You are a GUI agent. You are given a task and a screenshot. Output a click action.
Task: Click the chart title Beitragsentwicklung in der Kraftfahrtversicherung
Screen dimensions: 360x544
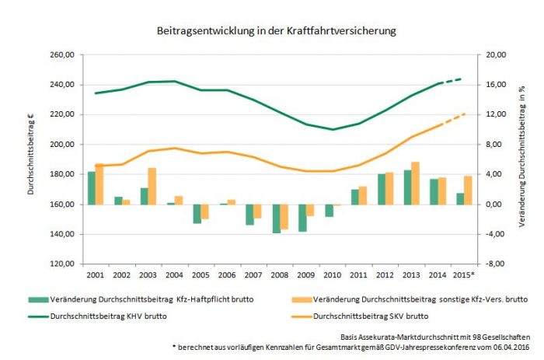coord(271,31)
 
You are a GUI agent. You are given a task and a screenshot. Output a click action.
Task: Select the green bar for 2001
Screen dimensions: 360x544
coord(91,188)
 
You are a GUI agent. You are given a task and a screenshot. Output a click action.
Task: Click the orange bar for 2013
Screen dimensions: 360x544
coord(415,183)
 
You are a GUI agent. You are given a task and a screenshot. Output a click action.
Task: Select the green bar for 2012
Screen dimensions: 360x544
coord(381,189)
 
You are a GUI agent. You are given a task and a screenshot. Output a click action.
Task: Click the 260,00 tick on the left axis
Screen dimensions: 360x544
coord(61,55)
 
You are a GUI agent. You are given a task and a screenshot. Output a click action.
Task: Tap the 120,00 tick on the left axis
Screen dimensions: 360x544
coord(61,264)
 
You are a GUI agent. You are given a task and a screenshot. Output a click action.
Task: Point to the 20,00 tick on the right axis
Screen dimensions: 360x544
coord(496,55)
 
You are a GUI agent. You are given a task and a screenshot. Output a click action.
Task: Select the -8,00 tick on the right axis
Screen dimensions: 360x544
coord(496,264)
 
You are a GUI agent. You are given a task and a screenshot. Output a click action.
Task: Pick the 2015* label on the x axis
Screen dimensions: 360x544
coord(464,276)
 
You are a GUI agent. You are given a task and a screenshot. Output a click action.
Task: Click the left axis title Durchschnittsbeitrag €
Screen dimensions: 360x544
coord(32,159)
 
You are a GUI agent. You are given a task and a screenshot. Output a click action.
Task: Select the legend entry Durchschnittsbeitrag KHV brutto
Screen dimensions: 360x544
coord(109,316)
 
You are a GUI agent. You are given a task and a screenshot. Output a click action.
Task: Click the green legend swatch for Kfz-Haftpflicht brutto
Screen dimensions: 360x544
coord(36,299)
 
